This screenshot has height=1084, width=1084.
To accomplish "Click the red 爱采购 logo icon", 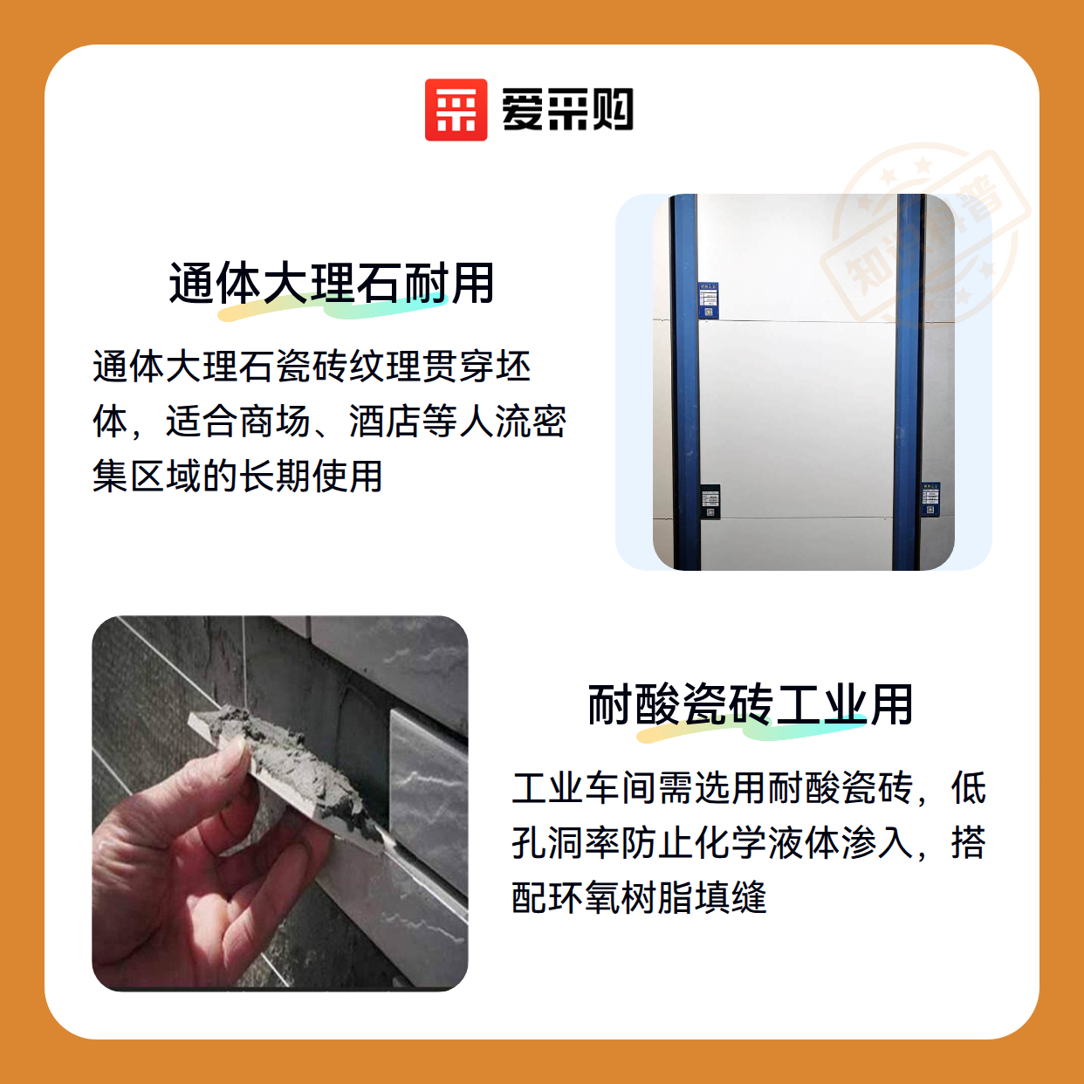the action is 456,110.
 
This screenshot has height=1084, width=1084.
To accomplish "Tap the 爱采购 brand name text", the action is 567,110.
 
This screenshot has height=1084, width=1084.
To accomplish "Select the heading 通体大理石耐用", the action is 332,284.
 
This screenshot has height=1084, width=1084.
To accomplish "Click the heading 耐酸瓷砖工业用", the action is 750,705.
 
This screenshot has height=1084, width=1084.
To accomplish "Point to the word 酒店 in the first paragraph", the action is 385,421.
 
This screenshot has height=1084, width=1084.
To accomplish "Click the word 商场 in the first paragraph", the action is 275,421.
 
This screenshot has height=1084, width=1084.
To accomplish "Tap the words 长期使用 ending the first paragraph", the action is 311,476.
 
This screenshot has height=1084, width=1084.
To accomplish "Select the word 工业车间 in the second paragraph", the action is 584,787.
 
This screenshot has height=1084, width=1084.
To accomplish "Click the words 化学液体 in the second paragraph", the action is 766,842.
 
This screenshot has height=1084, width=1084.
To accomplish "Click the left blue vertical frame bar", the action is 684,382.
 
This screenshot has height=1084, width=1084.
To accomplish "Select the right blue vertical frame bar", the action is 908,382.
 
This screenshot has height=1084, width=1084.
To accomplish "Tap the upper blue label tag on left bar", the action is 708,301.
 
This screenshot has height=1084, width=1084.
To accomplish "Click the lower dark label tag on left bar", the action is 710,501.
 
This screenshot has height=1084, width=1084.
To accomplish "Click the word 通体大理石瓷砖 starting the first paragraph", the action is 220,367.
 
